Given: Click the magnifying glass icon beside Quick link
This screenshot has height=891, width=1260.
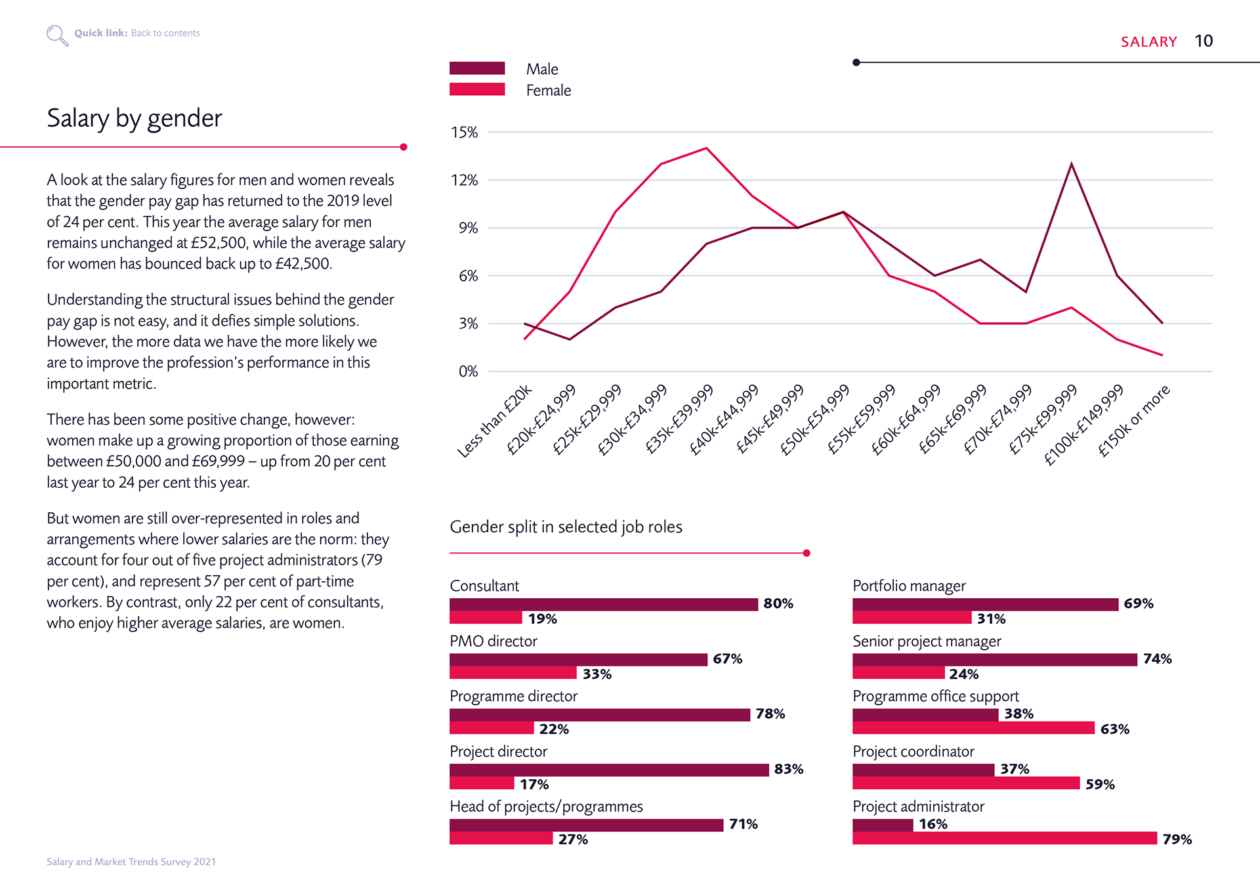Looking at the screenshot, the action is coord(57,35).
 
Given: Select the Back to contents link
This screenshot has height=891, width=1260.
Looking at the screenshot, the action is coord(165,33).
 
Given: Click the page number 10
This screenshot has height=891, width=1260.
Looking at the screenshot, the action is coord(1204,41).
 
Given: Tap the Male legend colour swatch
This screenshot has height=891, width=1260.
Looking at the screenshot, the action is coord(477,68).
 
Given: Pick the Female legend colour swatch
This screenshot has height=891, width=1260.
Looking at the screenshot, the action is coord(477,89).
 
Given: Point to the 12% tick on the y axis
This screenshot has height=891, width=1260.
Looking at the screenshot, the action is coord(464,180).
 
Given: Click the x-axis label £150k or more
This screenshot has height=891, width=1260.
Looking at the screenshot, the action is coord(1134,420).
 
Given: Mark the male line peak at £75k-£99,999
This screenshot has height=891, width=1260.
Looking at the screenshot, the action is coord(1072,163).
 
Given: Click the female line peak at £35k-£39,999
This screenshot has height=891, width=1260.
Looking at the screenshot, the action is coord(706,148).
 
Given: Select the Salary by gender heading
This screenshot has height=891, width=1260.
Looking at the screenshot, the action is coord(135,119).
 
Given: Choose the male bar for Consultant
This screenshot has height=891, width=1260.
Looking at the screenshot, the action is coord(604,604).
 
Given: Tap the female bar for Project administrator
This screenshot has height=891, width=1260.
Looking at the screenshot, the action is coord(1005,838).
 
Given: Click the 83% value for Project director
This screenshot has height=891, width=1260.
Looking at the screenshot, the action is coord(789,769).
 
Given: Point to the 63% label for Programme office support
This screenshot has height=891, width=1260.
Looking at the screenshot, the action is coord(1115,729).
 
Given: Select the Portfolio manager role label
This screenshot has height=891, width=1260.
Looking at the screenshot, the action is coord(909,586).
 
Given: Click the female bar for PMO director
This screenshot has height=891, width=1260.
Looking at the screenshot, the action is coord(513,673).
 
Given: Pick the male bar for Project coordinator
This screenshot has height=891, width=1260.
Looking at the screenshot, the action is coord(923,770).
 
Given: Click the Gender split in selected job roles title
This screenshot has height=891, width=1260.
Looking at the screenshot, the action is coord(566,527).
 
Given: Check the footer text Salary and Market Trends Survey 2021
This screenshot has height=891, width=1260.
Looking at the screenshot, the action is coord(131,861).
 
